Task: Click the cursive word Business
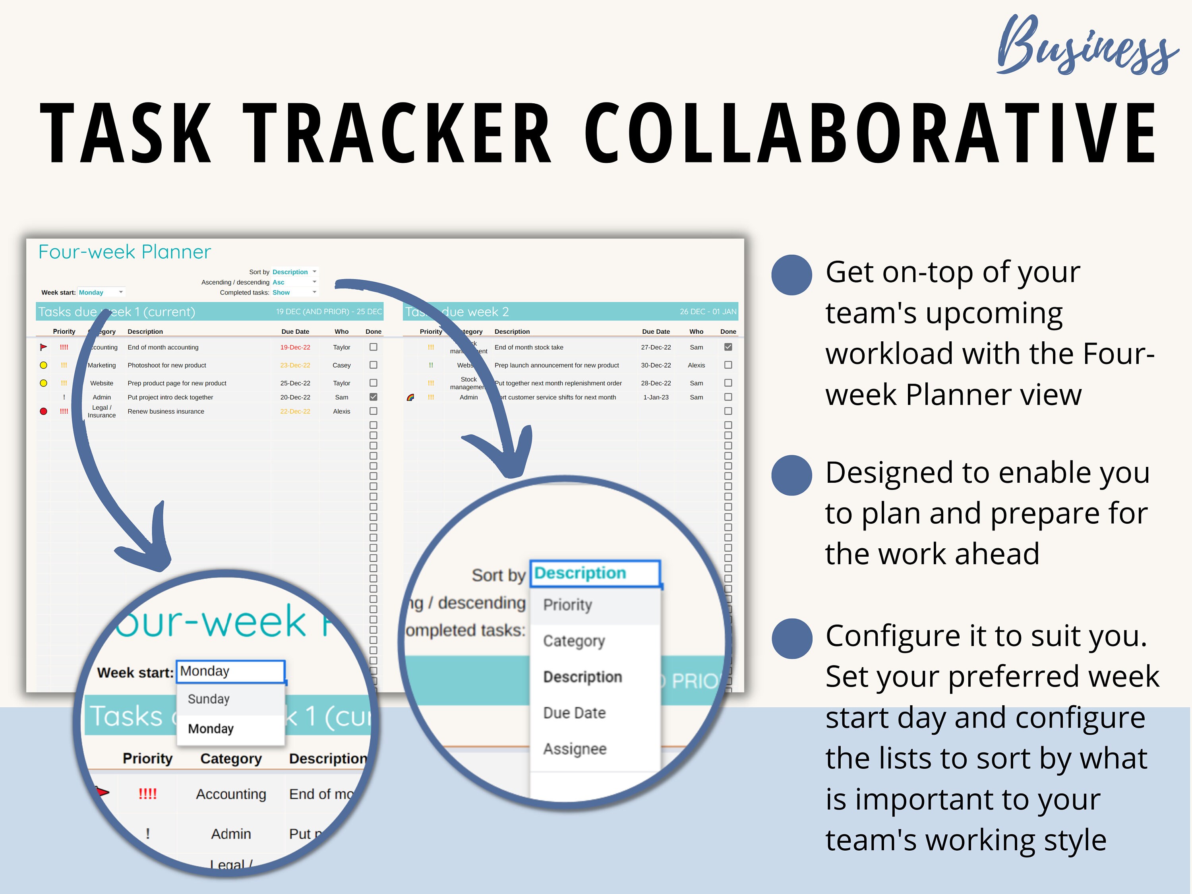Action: pyautogui.click(x=1086, y=46)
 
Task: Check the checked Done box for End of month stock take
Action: pyautogui.click(x=728, y=347)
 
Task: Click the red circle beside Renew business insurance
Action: pyautogui.click(x=44, y=411)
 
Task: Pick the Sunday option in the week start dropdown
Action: pyautogui.click(x=209, y=699)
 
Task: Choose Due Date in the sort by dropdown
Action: pyautogui.click(x=575, y=713)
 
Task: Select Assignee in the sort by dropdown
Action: pyautogui.click(x=575, y=749)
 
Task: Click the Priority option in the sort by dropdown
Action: pyautogui.click(x=567, y=605)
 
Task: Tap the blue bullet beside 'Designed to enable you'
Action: pyautogui.click(x=791, y=475)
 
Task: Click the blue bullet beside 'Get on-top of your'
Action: pyautogui.click(x=791, y=275)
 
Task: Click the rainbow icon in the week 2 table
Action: pyautogui.click(x=410, y=398)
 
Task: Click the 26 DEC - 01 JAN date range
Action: pyautogui.click(x=708, y=312)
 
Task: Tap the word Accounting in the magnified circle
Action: pyautogui.click(x=231, y=794)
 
